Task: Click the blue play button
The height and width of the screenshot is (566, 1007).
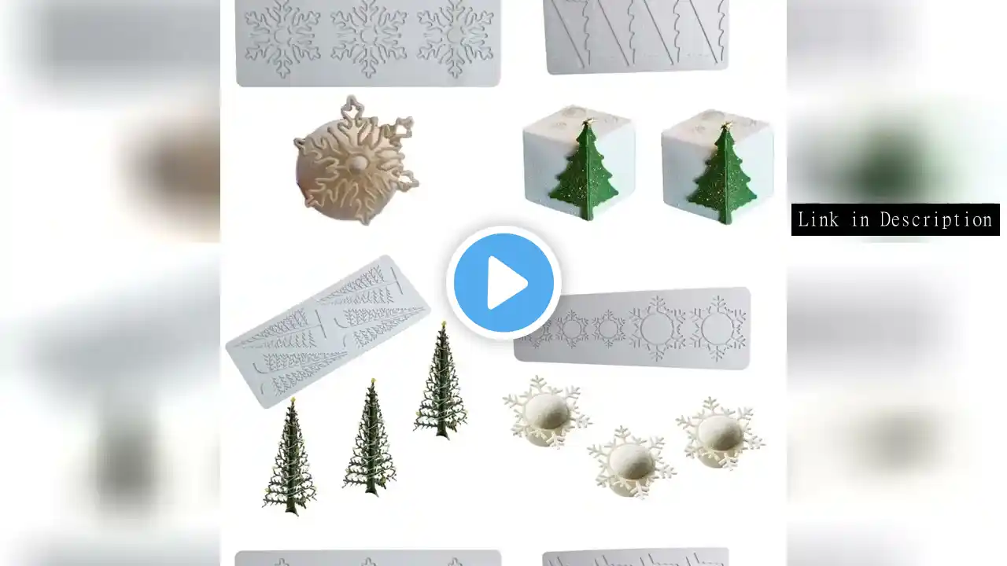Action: [x=503, y=283]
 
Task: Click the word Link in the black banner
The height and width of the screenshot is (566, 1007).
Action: [x=818, y=219]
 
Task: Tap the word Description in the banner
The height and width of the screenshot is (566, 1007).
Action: [x=936, y=219]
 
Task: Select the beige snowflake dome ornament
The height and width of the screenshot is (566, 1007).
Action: [x=355, y=161]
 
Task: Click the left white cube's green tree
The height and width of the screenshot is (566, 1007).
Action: [x=584, y=172]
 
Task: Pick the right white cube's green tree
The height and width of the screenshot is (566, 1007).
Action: [x=722, y=175]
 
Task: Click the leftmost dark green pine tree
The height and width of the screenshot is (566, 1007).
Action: [x=290, y=457]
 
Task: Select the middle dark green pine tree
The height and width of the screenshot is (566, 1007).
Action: [x=371, y=438]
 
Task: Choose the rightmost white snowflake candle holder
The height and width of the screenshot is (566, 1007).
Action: [x=719, y=433]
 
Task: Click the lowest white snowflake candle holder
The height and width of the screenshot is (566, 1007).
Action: [x=631, y=463]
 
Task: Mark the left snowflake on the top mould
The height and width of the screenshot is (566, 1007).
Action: [x=282, y=38]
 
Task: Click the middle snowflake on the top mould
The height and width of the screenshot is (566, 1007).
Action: [x=369, y=38]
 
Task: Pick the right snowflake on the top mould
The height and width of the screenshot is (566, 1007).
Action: [x=455, y=38]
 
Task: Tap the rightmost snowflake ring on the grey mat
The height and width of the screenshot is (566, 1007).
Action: [x=717, y=329]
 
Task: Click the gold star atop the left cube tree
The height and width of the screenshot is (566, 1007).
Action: [x=587, y=122]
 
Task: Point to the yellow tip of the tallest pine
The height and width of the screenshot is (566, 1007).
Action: [x=444, y=323]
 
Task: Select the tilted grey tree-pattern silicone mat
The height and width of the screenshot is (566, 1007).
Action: [x=328, y=331]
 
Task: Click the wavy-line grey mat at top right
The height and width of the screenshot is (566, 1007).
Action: [x=636, y=35]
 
